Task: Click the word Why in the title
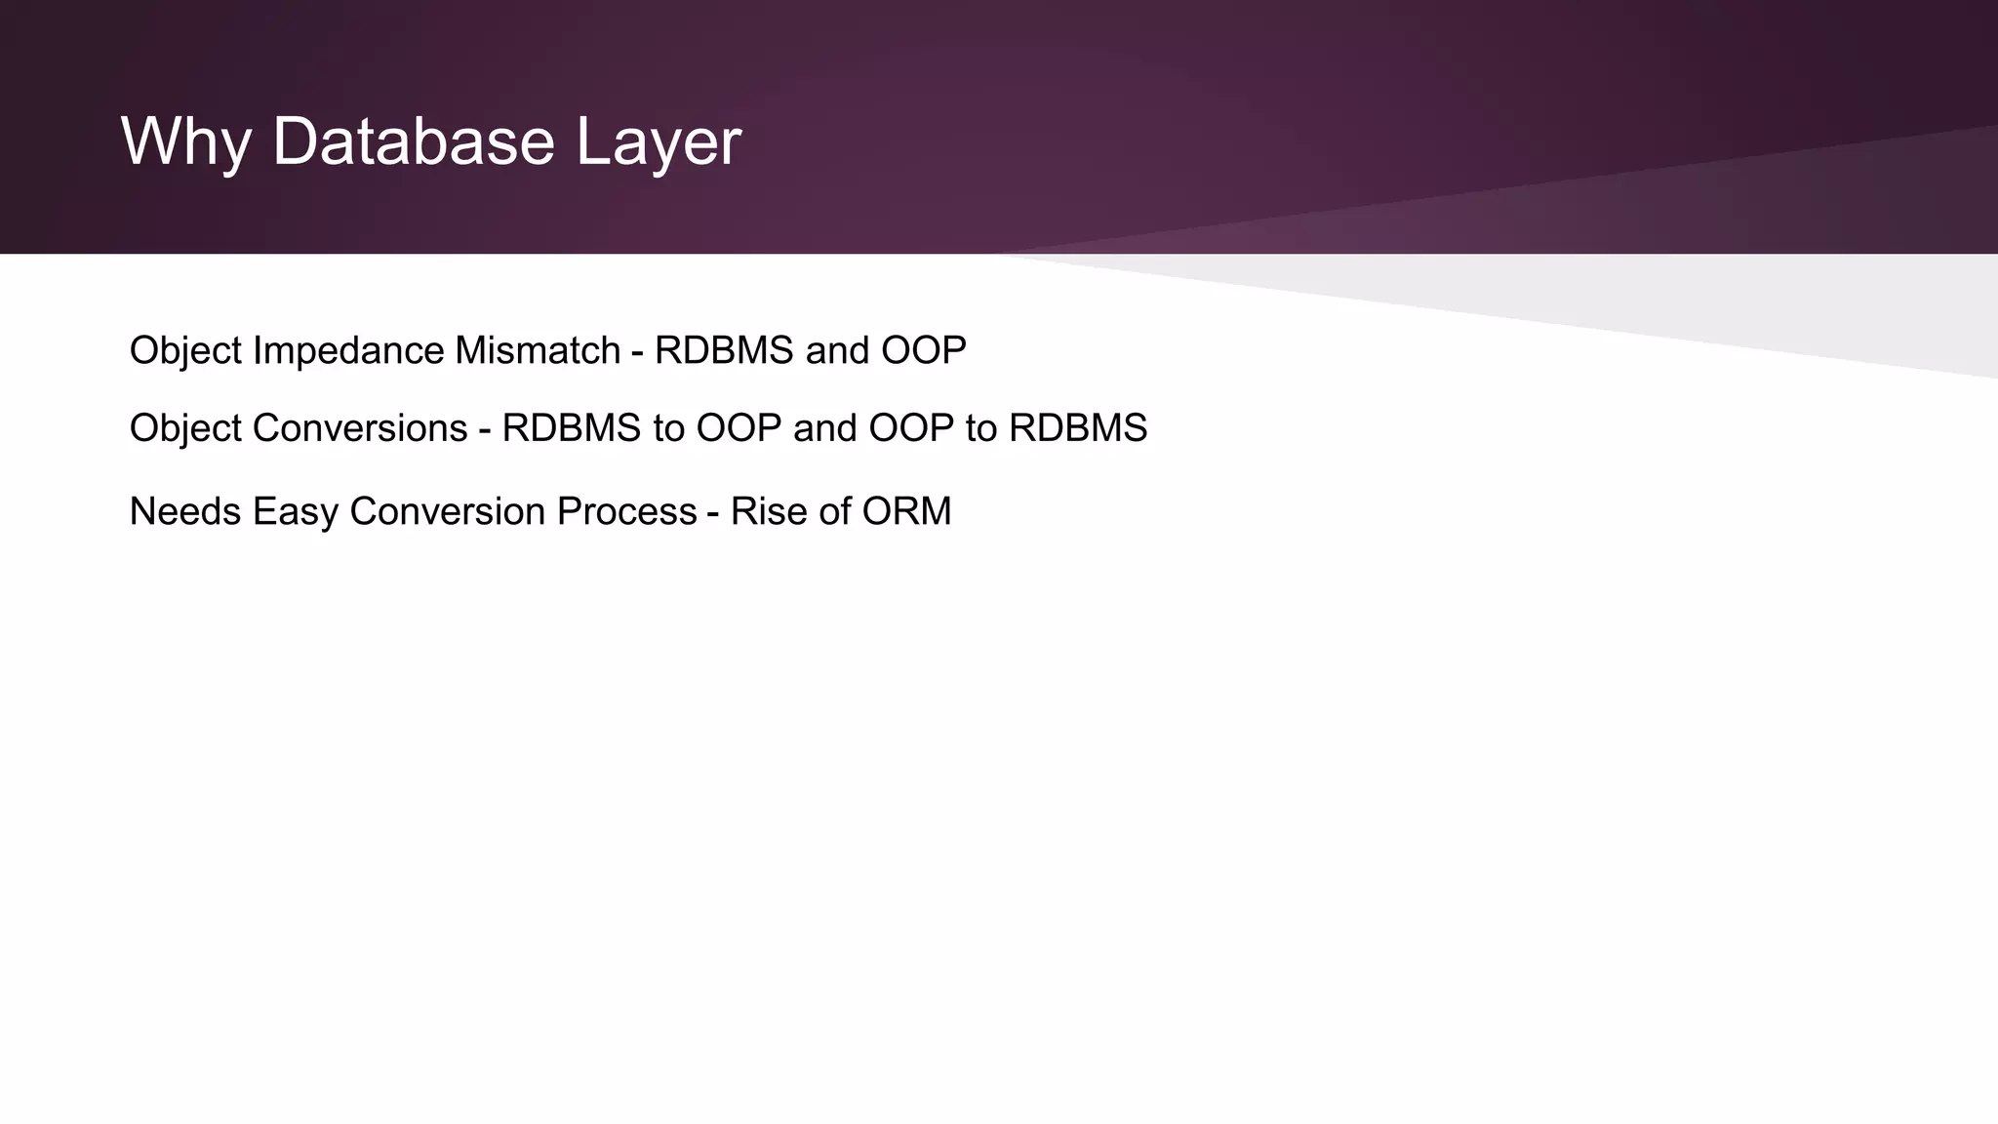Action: (x=186, y=142)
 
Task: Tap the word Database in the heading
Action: (x=414, y=142)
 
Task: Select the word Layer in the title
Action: (x=659, y=142)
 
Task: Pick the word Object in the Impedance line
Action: (x=185, y=350)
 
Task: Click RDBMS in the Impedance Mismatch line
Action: (x=724, y=350)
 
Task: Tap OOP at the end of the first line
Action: (x=923, y=350)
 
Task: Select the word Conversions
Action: (x=360, y=428)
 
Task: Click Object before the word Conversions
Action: (x=185, y=428)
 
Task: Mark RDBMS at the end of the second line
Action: (x=1078, y=428)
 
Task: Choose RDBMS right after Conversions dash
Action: (x=572, y=428)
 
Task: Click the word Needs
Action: (x=185, y=511)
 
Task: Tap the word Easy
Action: (x=295, y=511)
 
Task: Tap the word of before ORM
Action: (x=835, y=511)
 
